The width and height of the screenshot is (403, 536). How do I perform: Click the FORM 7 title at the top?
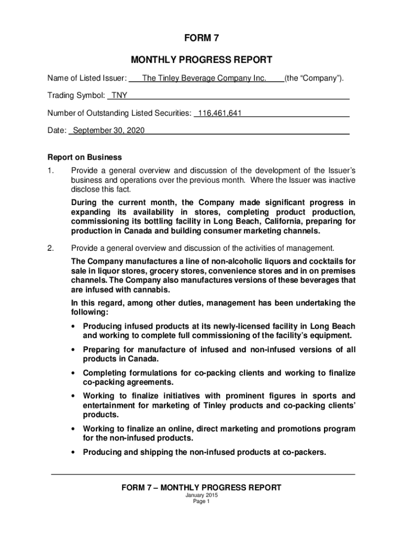[201, 38]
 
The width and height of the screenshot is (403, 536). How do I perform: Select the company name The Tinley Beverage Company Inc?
[205, 79]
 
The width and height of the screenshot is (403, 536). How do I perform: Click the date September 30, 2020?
[109, 130]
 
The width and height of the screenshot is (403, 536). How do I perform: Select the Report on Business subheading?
[85, 157]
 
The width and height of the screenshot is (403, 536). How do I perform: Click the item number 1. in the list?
[50, 171]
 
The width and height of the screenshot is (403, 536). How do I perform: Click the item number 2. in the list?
[50, 248]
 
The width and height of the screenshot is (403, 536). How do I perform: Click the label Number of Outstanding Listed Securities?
[119, 113]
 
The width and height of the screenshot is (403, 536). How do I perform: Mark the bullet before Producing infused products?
[74, 326]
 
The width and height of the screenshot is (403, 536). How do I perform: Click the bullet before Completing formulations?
[74, 373]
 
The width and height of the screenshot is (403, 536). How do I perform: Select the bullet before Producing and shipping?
[74, 452]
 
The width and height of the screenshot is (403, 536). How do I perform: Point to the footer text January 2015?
[201, 495]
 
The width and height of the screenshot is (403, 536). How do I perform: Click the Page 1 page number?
[201, 501]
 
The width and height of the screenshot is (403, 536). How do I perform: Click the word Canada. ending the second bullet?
[142, 359]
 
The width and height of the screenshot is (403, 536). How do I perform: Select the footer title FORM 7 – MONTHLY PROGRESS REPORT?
[201, 487]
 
